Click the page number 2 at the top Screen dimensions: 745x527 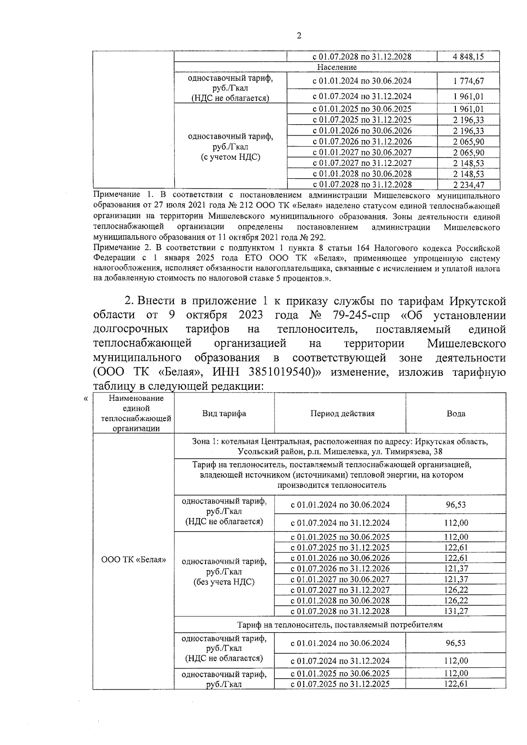[299, 36]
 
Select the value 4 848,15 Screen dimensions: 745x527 [468, 57]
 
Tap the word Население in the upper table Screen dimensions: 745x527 [337, 67]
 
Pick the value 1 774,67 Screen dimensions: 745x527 [468, 81]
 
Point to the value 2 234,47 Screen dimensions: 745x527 [468, 185]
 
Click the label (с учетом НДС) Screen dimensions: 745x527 [231, 157]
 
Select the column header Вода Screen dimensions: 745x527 [456, 413]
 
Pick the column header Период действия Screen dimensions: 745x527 [343, 413]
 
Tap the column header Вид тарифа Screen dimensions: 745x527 [224, 413]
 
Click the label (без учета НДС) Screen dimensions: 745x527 [224, 582]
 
